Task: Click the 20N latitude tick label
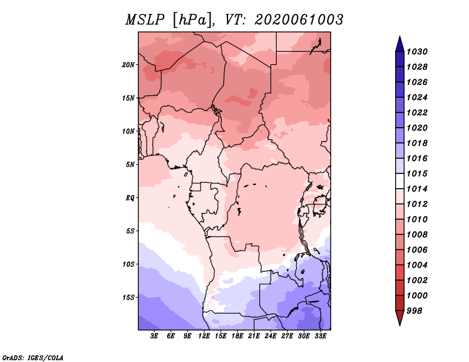128,65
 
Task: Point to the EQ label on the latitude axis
130,198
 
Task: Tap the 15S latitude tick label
128,298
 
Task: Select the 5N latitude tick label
130,165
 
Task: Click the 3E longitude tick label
154,336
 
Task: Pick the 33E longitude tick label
320,336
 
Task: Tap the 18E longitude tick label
237,336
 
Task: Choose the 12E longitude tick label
204,336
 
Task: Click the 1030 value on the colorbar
417,52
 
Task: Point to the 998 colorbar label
414,311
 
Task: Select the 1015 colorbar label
417,173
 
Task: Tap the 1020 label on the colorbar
417,128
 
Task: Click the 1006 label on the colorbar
417,250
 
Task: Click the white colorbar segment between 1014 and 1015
400,181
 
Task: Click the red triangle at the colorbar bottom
400,317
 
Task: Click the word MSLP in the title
145,20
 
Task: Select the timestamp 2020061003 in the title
299,20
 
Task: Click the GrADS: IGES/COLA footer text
33,357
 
